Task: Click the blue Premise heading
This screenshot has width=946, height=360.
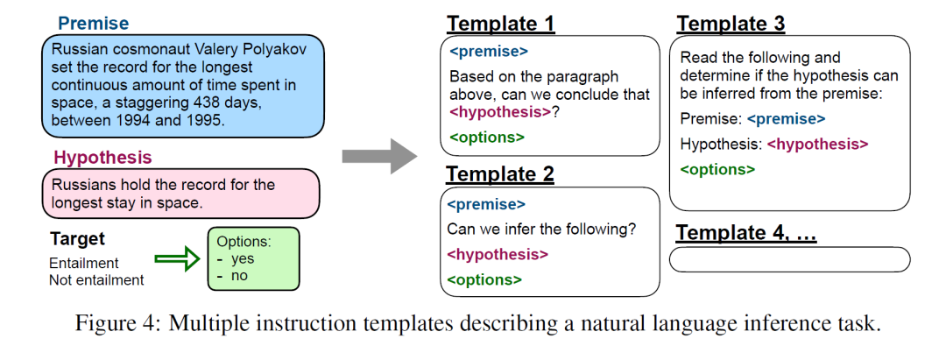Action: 93,24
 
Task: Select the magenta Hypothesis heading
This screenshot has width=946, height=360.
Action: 102,158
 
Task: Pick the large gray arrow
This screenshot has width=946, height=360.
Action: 379,156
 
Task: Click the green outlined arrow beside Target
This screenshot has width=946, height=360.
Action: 177,258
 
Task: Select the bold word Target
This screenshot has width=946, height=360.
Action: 77,239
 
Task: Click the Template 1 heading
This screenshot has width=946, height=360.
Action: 500,24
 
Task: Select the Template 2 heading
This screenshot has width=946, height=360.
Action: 500,174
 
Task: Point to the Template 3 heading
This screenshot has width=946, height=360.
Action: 731,24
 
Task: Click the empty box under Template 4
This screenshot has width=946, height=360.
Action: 790,259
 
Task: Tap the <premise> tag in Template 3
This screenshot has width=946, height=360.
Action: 786,119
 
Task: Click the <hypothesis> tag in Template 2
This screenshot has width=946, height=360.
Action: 498,255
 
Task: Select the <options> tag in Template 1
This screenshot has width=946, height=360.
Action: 487,137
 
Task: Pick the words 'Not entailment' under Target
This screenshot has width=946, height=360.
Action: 96,280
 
